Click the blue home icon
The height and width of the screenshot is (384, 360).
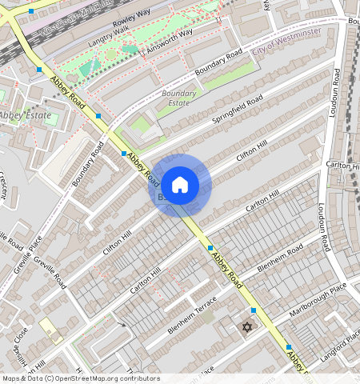[180, 184]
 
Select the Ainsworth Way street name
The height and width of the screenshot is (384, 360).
[170, 42]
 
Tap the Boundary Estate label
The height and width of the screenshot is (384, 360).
[178, 98]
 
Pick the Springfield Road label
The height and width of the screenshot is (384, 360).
[237, 110]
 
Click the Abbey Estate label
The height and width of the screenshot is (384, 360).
[26, 116]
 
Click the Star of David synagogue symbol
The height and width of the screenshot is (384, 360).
[246, 327]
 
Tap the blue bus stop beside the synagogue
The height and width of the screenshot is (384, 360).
[254, 310]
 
